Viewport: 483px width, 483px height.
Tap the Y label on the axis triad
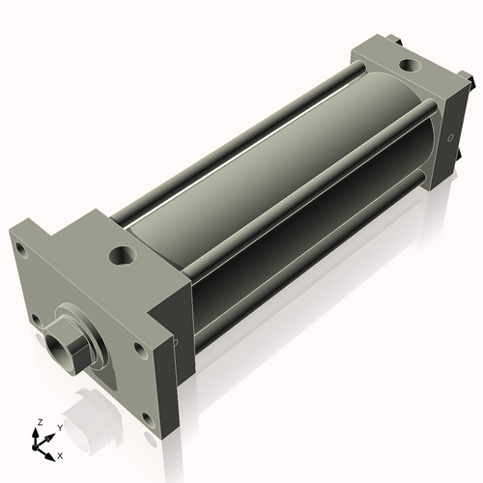59,427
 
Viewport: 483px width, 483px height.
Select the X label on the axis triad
60,454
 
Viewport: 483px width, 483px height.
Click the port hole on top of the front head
123,256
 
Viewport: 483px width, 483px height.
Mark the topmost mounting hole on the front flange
20,248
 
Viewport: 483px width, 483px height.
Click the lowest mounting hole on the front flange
147,418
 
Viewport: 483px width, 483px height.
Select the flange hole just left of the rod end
36,317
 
